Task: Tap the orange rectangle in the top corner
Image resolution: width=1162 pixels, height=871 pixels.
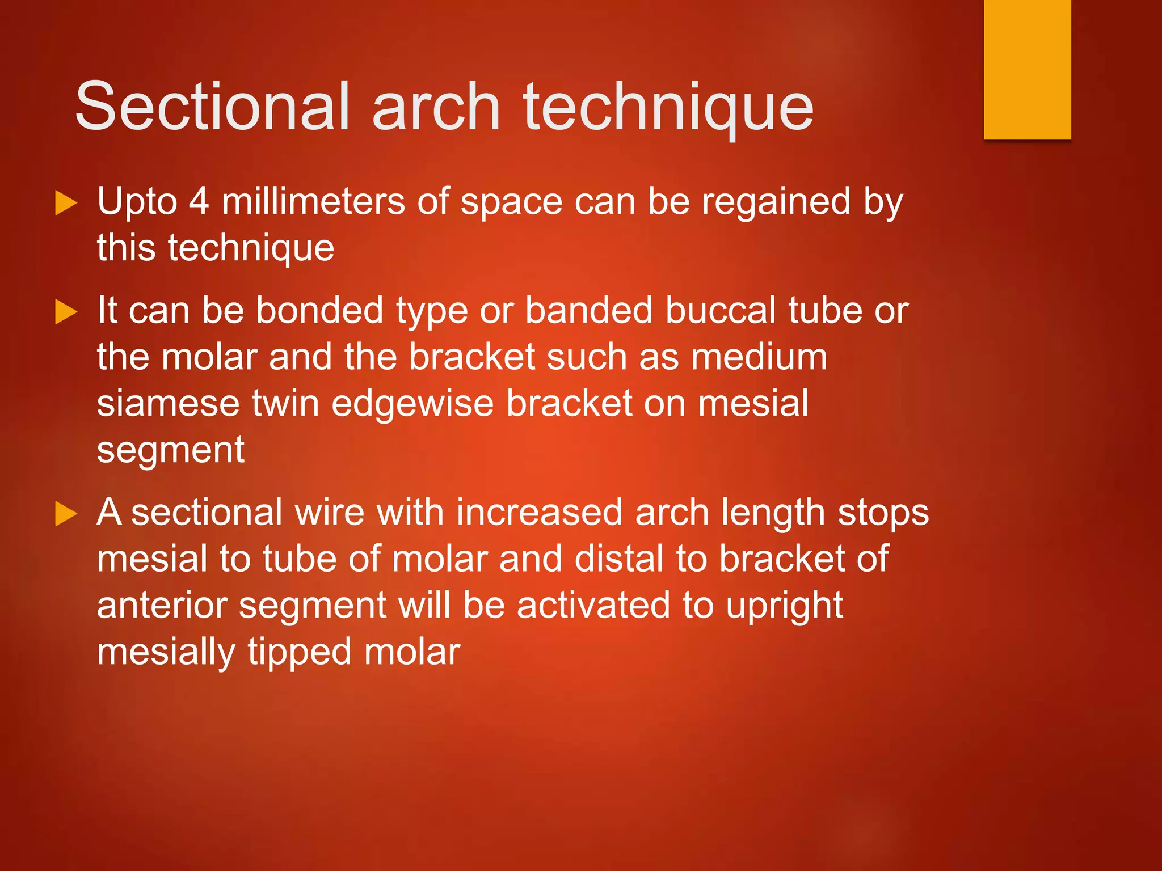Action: (1027, 69)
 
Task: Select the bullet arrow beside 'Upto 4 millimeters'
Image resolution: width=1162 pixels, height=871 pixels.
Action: (66, 203)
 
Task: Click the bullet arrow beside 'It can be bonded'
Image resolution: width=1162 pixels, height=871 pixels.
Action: (66, 312)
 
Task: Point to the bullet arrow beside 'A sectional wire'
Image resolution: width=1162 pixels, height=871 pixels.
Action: (66, 514)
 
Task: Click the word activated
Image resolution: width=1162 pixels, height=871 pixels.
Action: (593, 605)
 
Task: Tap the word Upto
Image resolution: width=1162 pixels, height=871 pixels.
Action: (137, 203)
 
